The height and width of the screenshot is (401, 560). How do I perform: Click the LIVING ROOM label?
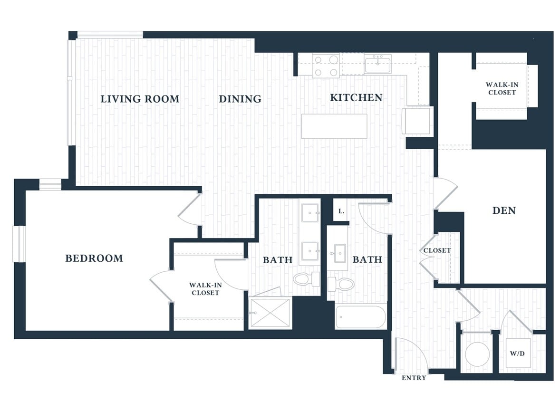[140, 99]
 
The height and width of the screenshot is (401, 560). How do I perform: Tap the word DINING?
[240, 99]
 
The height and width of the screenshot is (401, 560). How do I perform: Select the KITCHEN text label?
[356, 97]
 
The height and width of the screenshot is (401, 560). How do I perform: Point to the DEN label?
[504, 210]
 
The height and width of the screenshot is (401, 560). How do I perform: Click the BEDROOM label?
[94, 258]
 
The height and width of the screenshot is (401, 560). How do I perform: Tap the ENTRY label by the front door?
[414, 378]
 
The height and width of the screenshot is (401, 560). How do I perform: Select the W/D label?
[517, 353]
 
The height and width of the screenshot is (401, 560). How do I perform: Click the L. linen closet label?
[341, 211]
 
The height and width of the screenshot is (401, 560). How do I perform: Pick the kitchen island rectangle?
[334, 126]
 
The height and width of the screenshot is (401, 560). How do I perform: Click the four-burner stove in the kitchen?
[326, 66]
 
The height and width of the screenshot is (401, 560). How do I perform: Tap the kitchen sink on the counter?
[378, 64]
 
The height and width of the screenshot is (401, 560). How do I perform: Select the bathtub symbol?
[361, 317]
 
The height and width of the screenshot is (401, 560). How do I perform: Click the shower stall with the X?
[270, 313]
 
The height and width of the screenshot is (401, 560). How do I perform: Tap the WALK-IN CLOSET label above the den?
[502, 88]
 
